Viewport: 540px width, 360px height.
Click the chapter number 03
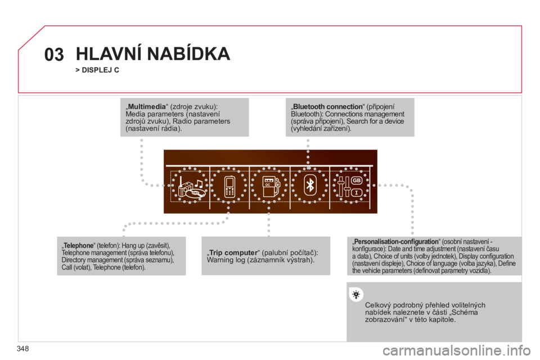tap(54, 55)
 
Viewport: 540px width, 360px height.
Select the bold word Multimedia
tap(147, 107)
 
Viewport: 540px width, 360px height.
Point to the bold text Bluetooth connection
tap(327, 107)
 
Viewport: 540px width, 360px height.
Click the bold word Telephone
tap(79, 246)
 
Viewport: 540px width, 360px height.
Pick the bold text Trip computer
tap(233, 253)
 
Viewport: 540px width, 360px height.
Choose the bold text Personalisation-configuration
tap(396, 241)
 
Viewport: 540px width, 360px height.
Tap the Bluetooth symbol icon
tap(310, 185)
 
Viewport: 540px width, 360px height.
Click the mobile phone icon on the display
tap(229, 186)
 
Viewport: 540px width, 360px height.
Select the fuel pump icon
tap(271, 186)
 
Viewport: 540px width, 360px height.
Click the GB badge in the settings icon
tap(357, 180)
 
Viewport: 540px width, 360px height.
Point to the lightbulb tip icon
tap(356, 295)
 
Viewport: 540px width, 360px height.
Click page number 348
tap(22, 349)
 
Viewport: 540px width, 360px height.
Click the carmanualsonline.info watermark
tap(456, 350)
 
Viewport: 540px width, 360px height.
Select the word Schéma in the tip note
tap(465, 312)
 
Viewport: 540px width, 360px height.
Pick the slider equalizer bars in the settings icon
tap(344, 187)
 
